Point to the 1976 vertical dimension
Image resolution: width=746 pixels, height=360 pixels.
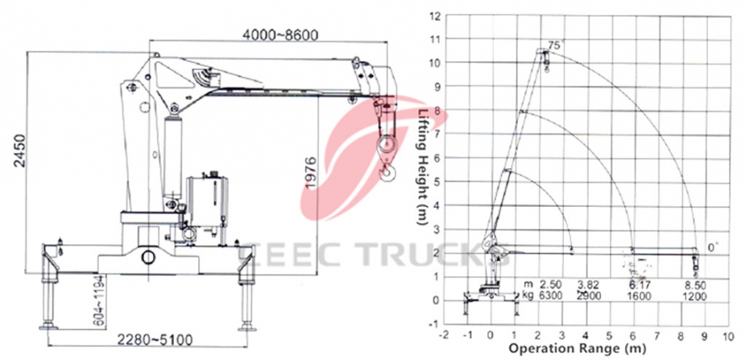[x=311, y=172]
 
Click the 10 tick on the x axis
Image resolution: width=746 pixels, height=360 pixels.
[x=729, y=333]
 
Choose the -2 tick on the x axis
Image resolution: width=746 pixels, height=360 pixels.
[x=443, y=333]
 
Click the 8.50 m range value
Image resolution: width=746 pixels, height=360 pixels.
[x=694, y=285]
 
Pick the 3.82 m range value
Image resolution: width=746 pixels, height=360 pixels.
[x=591, y=285]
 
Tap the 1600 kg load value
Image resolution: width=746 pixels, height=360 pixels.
[x=642, y=296]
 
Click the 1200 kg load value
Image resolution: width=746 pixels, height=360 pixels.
[x=694, y=296]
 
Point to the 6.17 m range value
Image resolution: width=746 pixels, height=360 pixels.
[x=642, y=285]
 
